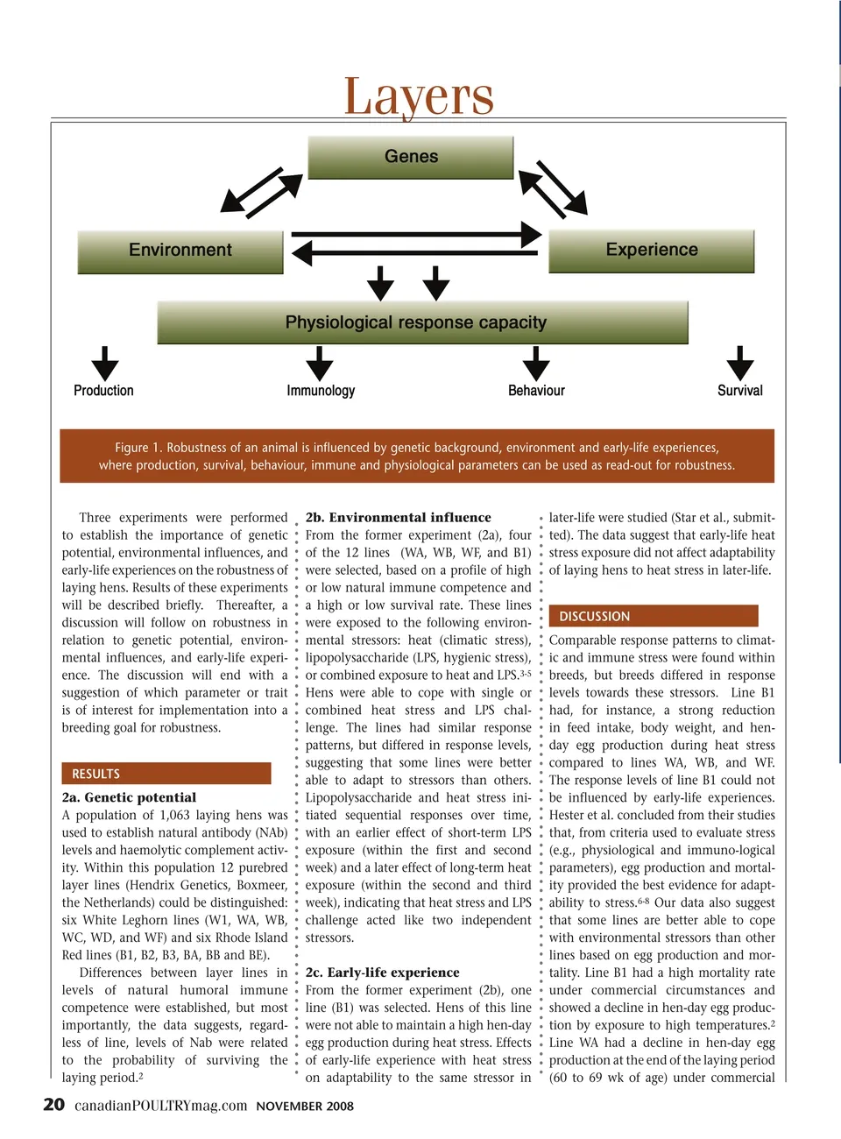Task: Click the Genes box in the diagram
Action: tap(411, 157)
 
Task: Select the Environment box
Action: tap(181, 251)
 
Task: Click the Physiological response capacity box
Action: tap(417, 322)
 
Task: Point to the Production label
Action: tap(103, 391)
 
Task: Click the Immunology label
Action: tap(321, 391)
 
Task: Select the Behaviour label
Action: tap(536, 391)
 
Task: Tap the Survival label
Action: tap(740, 391)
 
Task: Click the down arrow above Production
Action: tap(104, 363)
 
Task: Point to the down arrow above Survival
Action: tap(740, 363)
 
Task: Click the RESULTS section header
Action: tap(96, 774)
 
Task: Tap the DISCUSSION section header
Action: tap(595, 616)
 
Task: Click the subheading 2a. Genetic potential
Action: tap(129, 797)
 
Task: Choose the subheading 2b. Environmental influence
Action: tap(399, 518)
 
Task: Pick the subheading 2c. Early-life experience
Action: tap(383, 973)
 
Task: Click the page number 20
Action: tap(53, 1104)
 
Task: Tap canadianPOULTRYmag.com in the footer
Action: tap(160, 1106)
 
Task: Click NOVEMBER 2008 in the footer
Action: tap(305, 1107)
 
